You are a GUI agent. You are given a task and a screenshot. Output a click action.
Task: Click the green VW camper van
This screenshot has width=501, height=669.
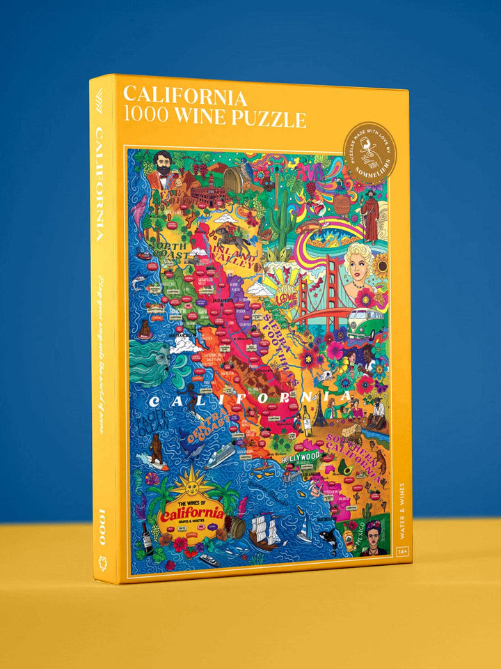pyautogui.click(x=366, y=323)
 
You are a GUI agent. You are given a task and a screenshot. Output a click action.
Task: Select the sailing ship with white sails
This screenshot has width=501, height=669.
pyautogui.click(x=267, y=529)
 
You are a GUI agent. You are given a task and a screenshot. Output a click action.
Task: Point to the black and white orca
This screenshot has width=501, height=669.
pyautogui.click(x=326, y=537)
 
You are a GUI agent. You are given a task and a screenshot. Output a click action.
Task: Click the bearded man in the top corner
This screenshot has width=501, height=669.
pyautogui.click(x=163, y=173)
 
